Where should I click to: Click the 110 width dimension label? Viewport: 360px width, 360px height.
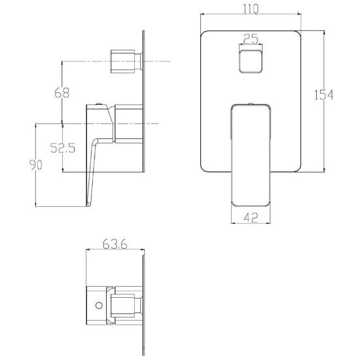[x=251, y=9]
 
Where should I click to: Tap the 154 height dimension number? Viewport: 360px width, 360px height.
[x=323, y=95]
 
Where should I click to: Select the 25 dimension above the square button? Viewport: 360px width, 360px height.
[x=251, y=39]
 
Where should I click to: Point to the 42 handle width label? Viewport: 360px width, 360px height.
[x=251, y=218]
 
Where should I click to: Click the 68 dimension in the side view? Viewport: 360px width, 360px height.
[x=62, y=93]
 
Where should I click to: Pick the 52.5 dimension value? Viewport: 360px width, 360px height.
[x=63, y=148]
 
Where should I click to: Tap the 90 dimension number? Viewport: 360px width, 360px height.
[x=35, y=165]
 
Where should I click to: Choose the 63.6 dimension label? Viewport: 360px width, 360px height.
[x=115, y=244]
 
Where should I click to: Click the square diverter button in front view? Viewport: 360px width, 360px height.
[x=251, y=62]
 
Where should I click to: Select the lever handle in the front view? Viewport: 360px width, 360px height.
[x=251, y=155]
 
